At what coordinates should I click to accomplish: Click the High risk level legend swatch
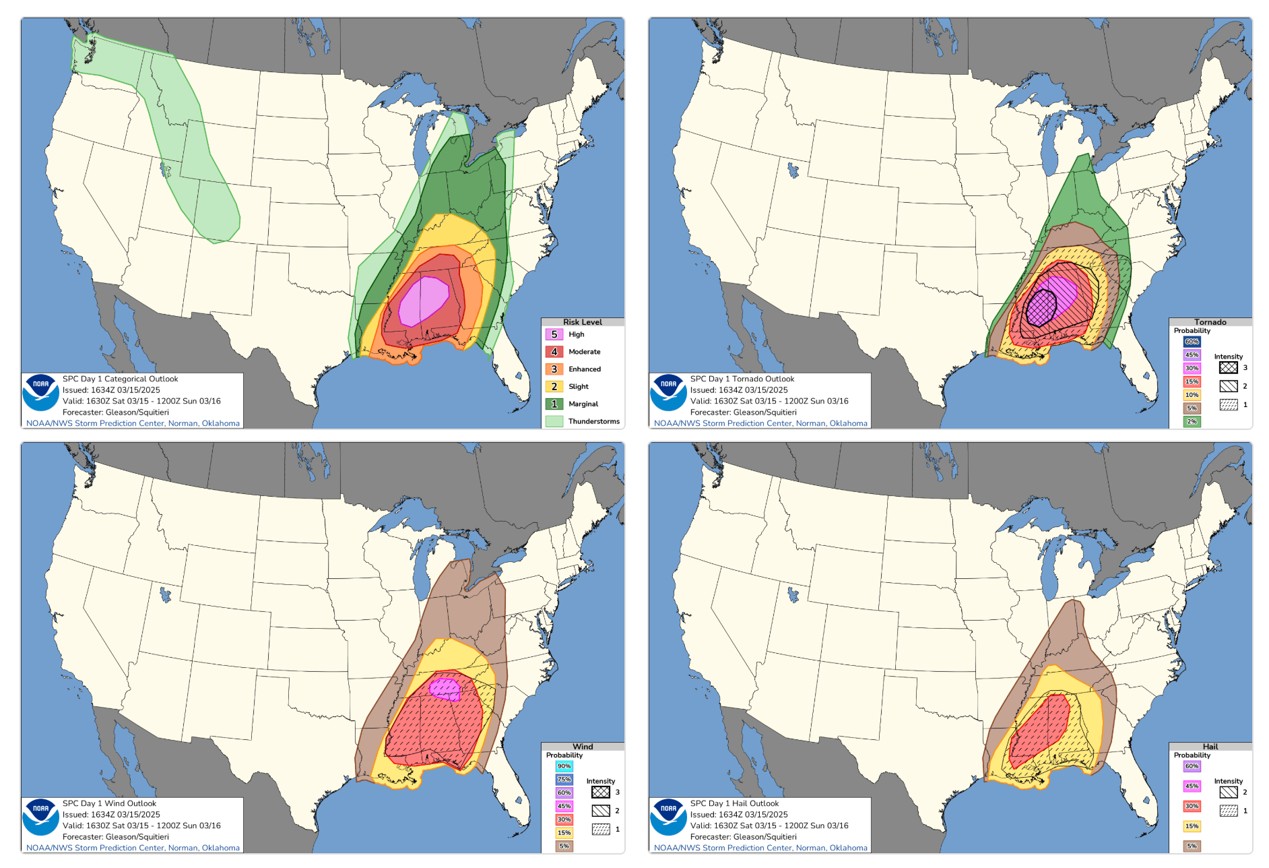coord(554,334)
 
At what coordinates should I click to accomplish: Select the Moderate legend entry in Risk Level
coord(584,352)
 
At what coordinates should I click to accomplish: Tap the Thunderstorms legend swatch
coord(554,421)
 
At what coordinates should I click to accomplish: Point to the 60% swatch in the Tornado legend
coord(1192,342)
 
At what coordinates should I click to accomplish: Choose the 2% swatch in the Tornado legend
coord(1192,421)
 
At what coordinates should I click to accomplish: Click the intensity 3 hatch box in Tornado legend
coord(1228,368)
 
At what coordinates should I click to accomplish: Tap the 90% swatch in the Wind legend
coord(564,766)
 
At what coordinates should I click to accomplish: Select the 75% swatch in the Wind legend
coord(564,779)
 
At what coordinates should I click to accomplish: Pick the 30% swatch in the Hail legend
coord(1192,806)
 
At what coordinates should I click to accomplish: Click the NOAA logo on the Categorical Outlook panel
coord(40,392)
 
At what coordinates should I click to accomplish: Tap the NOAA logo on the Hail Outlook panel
coord(668,817)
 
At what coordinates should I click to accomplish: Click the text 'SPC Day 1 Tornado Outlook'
coord(742,379)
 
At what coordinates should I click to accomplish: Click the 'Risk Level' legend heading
coord(583,322)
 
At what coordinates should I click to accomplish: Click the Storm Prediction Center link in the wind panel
coord(133,848)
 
